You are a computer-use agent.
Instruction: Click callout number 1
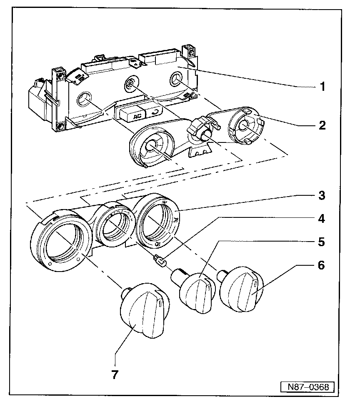322,87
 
